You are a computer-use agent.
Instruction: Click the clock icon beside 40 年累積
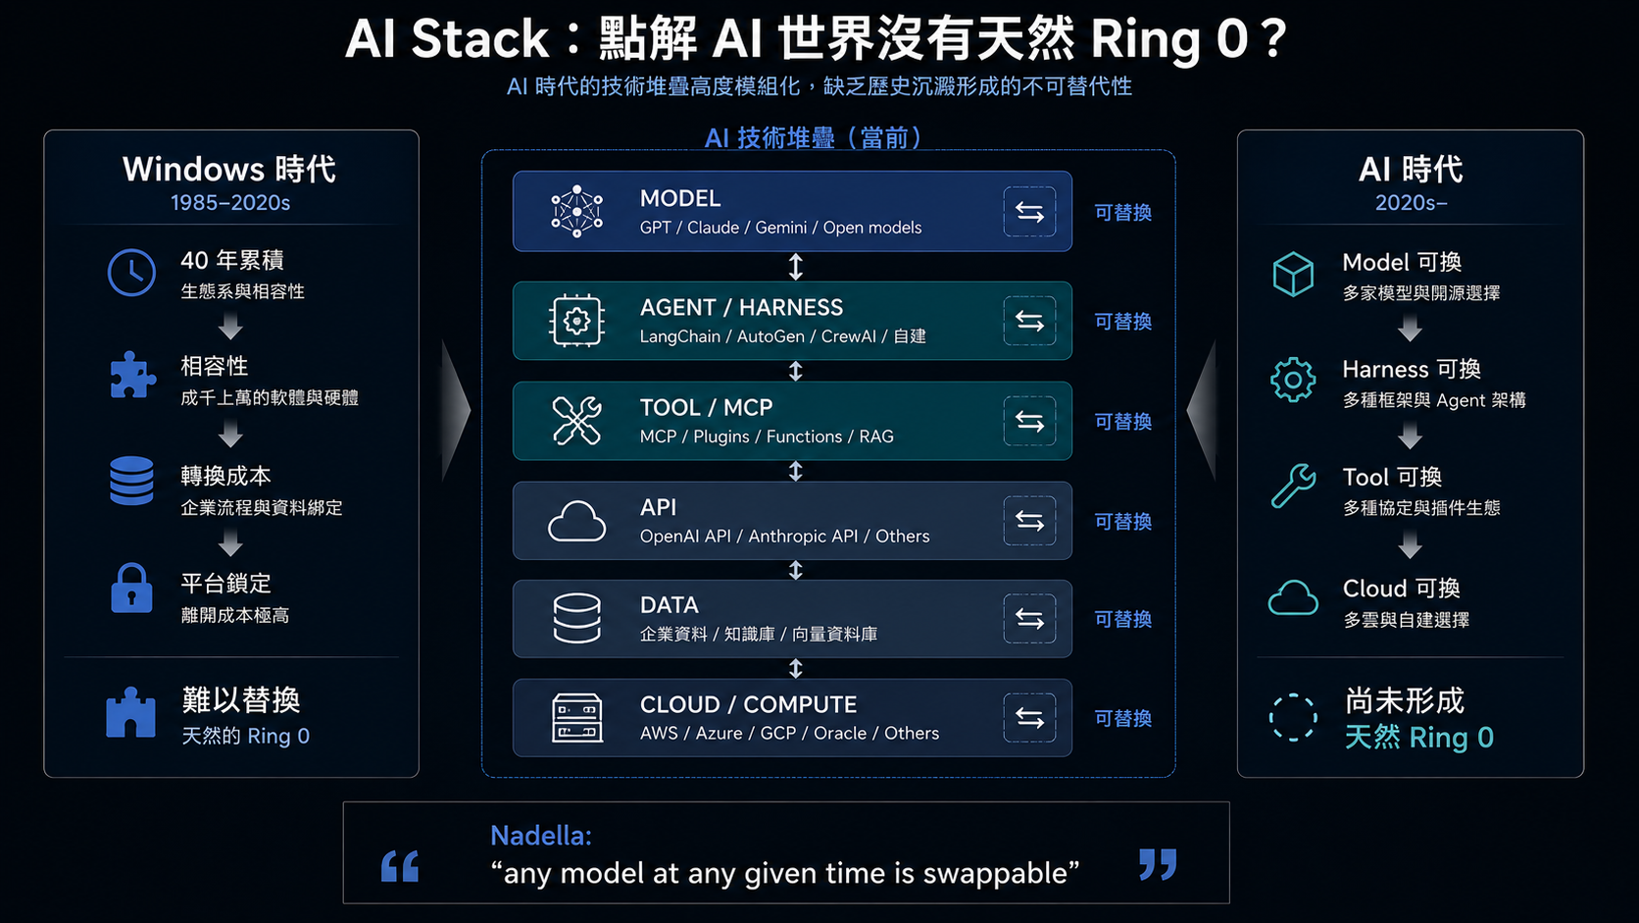[x=131, y=273]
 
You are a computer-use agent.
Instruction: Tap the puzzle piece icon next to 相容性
[x=132, y=376]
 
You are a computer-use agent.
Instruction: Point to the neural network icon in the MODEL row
[x=576, y=212]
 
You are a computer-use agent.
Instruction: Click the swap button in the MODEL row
[x=1029, y=212]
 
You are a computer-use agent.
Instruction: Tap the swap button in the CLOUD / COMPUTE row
[x=1029, y=718]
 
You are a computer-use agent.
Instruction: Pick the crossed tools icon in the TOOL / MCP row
[x=576, y=421]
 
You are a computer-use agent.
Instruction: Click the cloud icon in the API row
[x=576, y=521]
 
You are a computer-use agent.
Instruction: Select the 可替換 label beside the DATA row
[x=1123, y=619]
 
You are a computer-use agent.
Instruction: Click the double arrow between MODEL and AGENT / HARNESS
[x=795, y=267]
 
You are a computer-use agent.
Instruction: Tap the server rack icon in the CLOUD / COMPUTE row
[x=576, y=718]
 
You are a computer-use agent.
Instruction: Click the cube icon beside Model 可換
[x=1293, y=275]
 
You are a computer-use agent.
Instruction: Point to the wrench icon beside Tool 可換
[x=1293, y=486]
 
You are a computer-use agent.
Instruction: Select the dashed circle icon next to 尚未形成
[x=1293, y=717]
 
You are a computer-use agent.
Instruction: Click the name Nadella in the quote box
[x=541, y=835]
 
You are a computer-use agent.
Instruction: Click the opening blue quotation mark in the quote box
[x=400, y=866]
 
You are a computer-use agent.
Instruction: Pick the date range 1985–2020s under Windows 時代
[x=230, y=203]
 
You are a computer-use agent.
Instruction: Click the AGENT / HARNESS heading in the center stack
[x=741, y=307]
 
